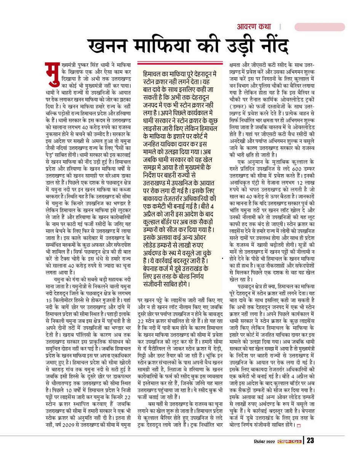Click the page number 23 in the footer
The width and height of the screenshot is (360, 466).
pos(310,441)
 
